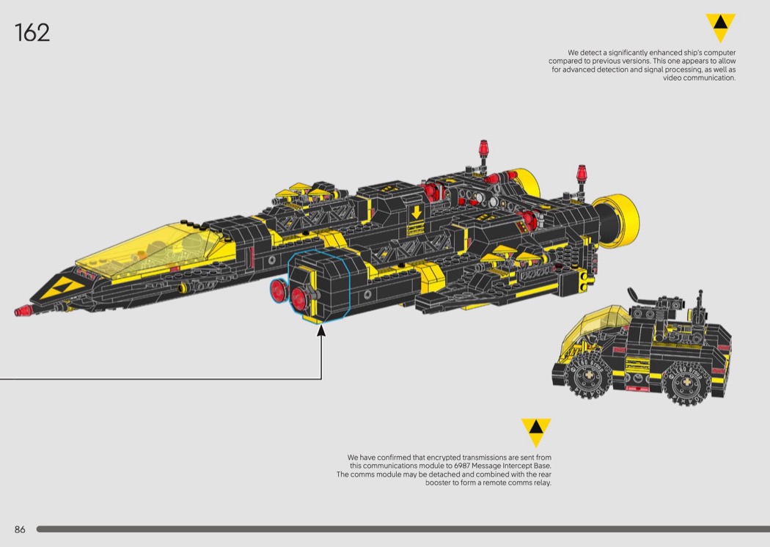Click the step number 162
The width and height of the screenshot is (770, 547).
pos(32,33)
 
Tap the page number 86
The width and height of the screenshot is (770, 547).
pos(20,529)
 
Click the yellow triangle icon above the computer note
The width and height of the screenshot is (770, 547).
pos(720,27)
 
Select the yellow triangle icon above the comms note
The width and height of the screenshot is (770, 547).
pos(536,432)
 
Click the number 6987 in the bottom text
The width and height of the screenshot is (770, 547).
pos(461,466)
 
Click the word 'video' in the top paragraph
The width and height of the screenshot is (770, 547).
pos(672,78)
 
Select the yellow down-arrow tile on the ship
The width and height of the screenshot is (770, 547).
pos(417,213)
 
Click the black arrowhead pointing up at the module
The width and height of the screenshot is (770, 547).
pos(321,330)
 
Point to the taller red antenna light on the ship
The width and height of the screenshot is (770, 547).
pos(484,148)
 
